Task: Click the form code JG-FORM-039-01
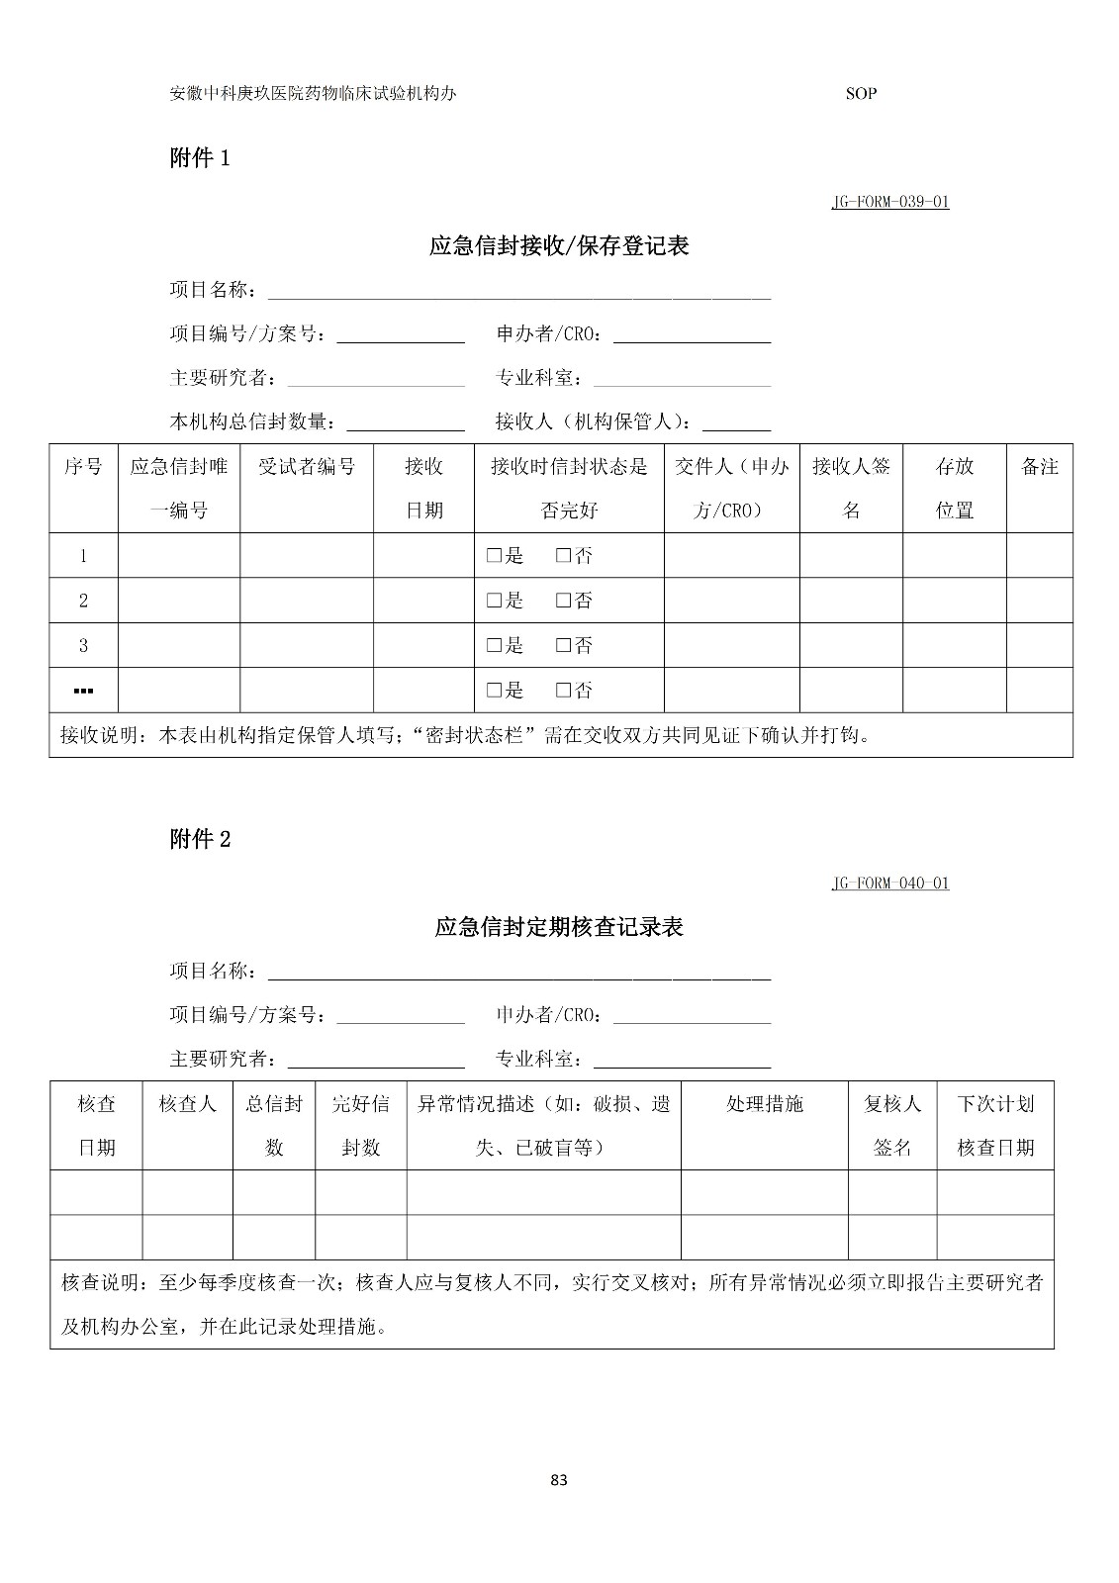click(889, 202)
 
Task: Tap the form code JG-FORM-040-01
click(889, 883)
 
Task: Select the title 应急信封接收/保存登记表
click(559, 245)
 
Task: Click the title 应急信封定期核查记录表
click(559, 927)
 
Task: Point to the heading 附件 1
click(200, 157)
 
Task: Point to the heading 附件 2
click(200, 839)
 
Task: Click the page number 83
click(559, 1480)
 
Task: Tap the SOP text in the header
click(861, 94)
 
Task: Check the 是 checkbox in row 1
click(493, 556)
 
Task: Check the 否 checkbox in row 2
click(563, 601)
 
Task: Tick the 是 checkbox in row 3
click(493, 646)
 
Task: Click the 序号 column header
click(83, 467)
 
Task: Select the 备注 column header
click(1039, 467)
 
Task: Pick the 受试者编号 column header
click(307, 467)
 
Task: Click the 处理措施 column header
click(764, 1104)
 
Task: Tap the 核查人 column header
click(187, 1104)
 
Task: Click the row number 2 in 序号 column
click(83, 601)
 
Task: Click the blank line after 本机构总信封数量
click(406, 425)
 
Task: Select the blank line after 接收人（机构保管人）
click(736, 425)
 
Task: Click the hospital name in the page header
click(313, 94)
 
